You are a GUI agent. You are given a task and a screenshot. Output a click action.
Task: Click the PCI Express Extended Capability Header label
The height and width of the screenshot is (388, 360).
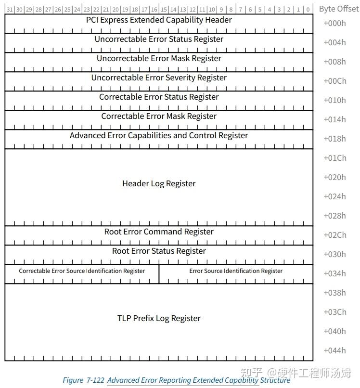tap(159, 20)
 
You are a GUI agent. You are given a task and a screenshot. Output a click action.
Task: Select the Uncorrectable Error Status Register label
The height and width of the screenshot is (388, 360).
tap(159, 39)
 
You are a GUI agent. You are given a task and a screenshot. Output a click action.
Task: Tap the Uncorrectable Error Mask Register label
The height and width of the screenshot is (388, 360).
tap(159, 59)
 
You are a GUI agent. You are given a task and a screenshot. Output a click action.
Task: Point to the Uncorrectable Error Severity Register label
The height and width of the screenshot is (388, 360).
tap(159, 78)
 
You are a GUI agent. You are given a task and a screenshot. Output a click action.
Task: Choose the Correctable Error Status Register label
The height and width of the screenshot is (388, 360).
tap(159, 97)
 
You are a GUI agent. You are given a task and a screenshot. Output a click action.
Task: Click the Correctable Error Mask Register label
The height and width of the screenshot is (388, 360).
tap(159, 116)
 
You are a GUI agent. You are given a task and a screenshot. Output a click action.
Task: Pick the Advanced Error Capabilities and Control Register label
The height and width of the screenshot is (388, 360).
tap(159, 136)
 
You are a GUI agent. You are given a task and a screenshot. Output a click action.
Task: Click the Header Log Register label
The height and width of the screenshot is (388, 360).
tap(159, 184)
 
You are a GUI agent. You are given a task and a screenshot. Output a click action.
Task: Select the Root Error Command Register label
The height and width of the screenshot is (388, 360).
tap(159, 232)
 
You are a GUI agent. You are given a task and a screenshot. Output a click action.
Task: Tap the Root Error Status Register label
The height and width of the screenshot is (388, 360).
tap(159, 251)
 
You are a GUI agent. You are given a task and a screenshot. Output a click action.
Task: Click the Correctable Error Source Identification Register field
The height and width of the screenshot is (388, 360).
tap(82, 271)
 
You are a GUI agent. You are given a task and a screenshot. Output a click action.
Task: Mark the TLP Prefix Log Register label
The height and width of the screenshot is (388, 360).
tap(159, 319)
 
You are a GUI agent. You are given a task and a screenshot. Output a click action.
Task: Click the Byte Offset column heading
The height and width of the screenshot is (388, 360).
tap(339, 9)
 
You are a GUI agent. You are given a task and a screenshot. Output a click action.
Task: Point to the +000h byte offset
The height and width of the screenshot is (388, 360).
tap(334, 23)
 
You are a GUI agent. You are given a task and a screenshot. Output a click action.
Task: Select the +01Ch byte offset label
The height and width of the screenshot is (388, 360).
tap(334, 158)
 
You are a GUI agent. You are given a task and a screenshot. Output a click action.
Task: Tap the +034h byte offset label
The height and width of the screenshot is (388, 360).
tap(334, 273)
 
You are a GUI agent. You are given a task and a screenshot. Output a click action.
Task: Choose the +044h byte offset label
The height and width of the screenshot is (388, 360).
tap(334, 350)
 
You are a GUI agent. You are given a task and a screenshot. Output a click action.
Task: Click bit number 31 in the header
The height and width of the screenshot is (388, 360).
tap(10, 10)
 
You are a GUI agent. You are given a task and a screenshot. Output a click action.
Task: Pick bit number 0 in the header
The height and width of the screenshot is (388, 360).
tap(308, 10)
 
